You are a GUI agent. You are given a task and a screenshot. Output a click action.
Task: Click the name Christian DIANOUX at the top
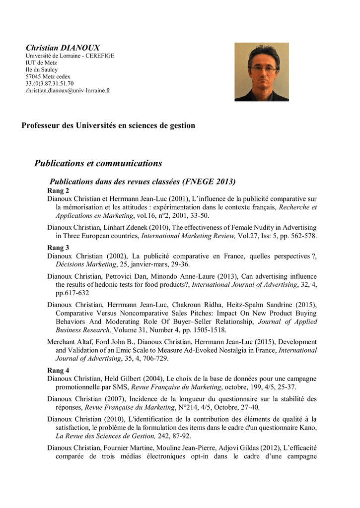click(x=63, y=48)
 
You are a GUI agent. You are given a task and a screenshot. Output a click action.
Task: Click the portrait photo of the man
click(x=261, y=72)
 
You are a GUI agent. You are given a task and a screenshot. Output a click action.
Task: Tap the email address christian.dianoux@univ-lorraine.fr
click(x=68, y=91)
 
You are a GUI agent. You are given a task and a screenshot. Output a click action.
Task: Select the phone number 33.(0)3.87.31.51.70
click(x=50, y=84)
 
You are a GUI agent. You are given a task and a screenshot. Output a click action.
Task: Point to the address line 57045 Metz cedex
click(x=48, y=77)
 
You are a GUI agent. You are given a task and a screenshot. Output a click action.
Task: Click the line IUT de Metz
click(x=41, y=63)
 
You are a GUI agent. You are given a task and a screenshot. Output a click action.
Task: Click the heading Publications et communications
click(x=98, y=163)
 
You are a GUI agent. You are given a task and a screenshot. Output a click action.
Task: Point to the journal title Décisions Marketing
click(x=84, y=264)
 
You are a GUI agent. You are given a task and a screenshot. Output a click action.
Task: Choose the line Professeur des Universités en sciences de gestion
click(x=108, y=126)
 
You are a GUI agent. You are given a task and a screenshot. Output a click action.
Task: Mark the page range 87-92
click(x=180, y=436)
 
